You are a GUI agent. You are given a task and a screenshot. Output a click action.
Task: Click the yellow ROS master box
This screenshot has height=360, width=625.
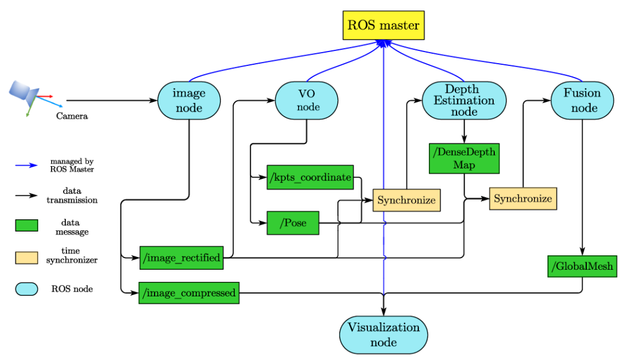[x=384, y=25]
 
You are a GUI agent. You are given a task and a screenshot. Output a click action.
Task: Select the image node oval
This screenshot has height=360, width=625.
[x=189, y=101]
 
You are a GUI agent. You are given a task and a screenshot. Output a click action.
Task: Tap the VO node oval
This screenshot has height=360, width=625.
[x=307, y=100]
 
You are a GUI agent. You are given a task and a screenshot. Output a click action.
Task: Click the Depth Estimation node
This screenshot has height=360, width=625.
[x=464, y=100]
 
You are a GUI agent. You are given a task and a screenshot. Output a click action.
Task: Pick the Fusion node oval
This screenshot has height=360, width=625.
[x=582, y=100]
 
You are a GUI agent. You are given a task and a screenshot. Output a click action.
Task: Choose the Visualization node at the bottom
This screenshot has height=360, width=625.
[x=383, y=335]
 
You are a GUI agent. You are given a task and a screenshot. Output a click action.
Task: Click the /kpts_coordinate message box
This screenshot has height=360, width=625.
[x=310, y=177]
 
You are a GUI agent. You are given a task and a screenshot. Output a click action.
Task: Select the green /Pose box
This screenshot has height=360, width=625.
[x=293, y=223]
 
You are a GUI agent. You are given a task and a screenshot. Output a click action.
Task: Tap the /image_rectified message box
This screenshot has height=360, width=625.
[x=182, y=258]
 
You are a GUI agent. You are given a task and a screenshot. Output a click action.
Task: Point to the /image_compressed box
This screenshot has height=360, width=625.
[x=189, y=293]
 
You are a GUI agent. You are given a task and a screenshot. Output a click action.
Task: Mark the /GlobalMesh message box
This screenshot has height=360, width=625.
[x=582, y=266]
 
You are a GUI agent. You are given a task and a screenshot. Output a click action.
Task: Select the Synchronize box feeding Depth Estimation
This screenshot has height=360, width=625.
[x=406, y=200]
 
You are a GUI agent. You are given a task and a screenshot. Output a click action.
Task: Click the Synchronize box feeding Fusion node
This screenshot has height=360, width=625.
[x=523, y=199]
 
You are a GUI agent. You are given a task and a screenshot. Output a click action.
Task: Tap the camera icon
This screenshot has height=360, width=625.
[x=26, y=93]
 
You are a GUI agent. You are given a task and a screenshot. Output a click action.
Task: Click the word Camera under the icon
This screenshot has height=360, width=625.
[x=72, y=116]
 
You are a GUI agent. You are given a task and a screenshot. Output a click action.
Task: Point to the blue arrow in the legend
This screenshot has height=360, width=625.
[x=27, y=166]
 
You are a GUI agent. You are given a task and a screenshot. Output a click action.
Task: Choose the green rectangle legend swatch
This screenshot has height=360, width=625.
[x=27, y=226]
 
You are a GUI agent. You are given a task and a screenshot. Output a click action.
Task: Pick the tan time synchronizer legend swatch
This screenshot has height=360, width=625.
[x=27, y=257]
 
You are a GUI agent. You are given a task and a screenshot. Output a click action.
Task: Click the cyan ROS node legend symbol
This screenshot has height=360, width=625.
[x=27, y=289]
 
